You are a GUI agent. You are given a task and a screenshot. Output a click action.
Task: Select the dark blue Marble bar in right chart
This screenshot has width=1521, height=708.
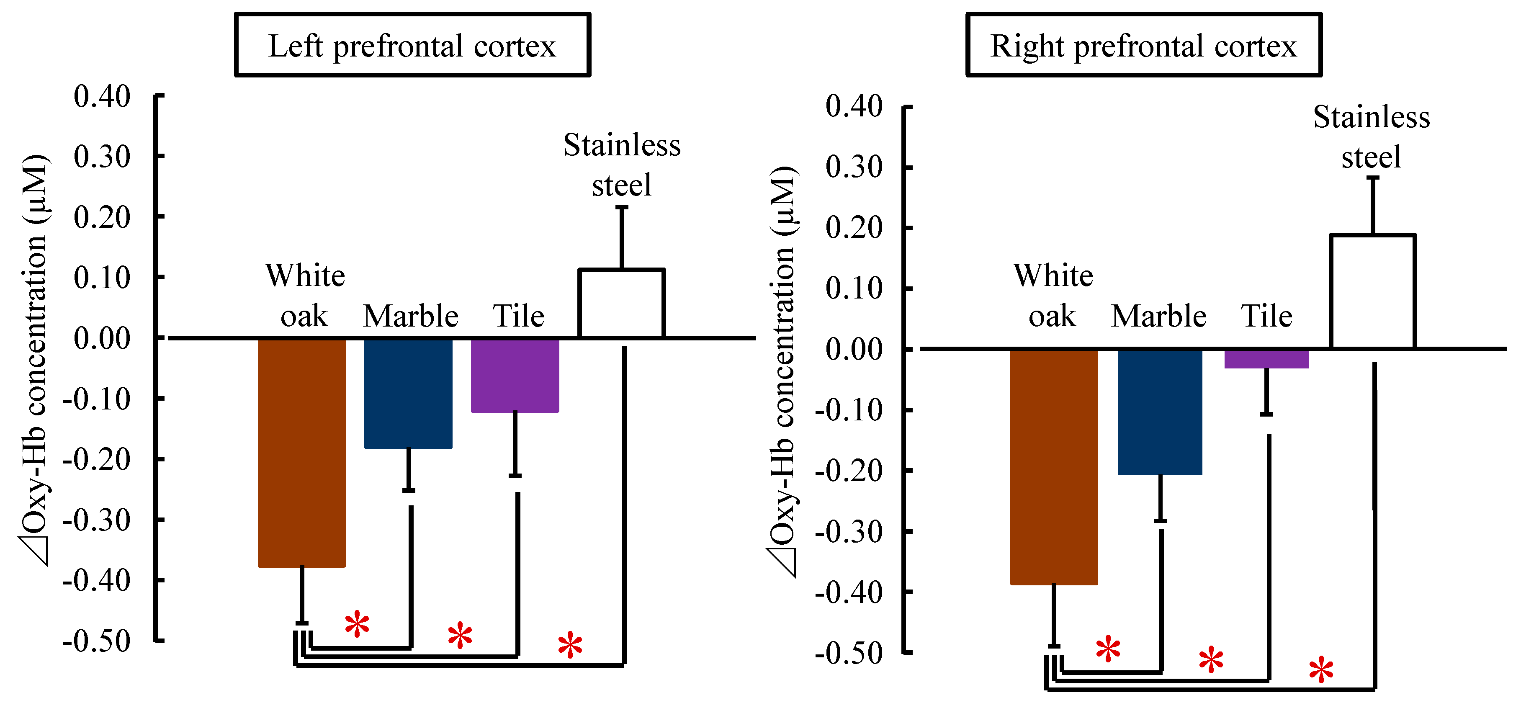(x=1160, y=412)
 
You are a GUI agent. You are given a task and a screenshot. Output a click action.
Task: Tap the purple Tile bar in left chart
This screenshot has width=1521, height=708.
(x=515, y=376)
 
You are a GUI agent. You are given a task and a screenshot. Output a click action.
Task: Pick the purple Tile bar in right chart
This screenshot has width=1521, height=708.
(x=1266, y=359)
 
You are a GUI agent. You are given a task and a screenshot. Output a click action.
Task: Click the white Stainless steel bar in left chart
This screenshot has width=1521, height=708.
(x=622, y=304)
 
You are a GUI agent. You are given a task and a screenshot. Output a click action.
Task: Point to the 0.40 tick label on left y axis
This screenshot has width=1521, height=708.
(x=102, y=96)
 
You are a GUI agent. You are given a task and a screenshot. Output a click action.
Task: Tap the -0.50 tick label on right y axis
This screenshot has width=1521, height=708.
(x=849, y=654)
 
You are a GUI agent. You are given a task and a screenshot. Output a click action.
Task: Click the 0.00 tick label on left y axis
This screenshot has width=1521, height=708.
(x=102, y=338)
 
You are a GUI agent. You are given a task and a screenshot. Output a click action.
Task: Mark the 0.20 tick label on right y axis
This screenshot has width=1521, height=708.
(x=854, y=228)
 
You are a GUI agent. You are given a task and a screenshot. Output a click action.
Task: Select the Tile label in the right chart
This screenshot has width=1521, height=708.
(x=1266, y=316)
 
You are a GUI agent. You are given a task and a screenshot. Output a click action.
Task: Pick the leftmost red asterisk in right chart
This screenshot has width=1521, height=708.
(x=1108, y=649)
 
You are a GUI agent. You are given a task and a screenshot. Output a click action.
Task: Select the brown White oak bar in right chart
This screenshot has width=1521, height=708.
(x=1053, y=466)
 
